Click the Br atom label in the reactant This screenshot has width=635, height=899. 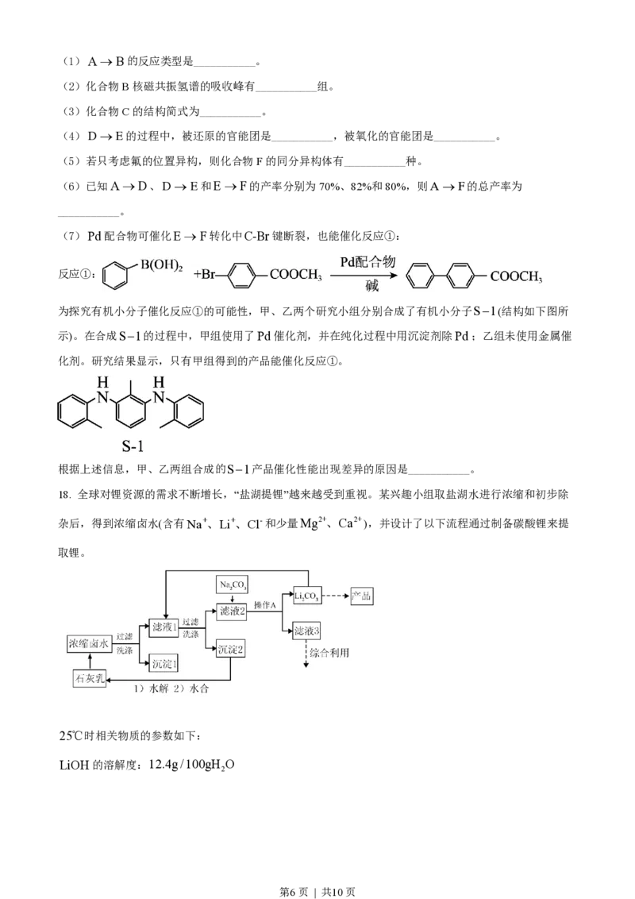(210, 276)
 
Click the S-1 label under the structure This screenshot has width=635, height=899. (130, 445)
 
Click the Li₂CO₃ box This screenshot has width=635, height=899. (308, 596)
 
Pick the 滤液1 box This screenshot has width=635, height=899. (164, 627)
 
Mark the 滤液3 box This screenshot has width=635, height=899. (306, 631)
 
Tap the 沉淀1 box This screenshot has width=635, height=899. (164, 662)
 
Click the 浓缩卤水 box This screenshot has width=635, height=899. (90, 644)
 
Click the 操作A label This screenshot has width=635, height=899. (264, 606)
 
